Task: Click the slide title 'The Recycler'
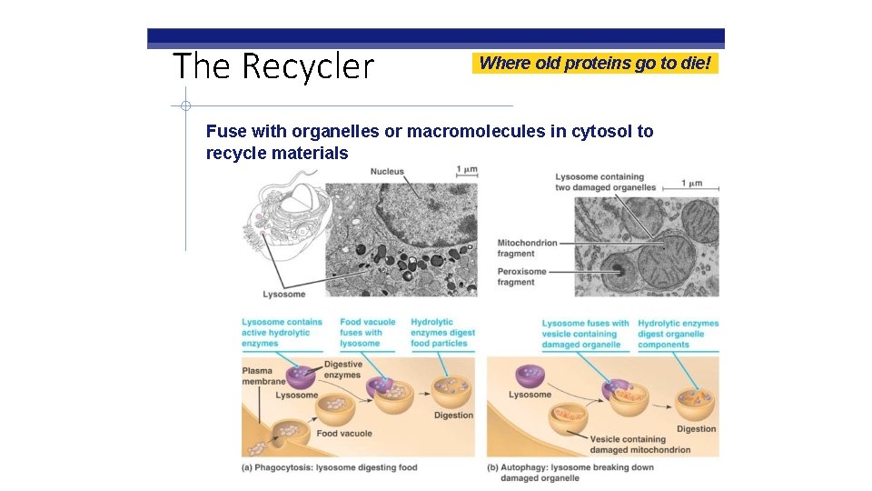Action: (x=272, y=66)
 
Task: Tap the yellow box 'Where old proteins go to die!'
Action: (x=595, y=63)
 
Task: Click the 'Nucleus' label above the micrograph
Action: (x=387, y=172)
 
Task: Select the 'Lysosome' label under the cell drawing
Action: (x=283, y=294)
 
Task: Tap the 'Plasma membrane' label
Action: (x=263, y=376)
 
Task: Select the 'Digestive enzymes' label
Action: (x=342, y=369)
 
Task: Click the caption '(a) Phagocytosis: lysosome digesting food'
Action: (x=329, y=467)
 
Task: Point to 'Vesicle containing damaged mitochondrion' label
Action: (x=639, y=445)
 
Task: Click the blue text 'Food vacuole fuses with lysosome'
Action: (x=367, y=333)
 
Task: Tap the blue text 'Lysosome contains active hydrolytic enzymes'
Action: (x=282, y=333)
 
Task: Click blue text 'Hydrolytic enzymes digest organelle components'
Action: (x=678, y=334)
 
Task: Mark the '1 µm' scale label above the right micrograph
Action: (x=691, y=183)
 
